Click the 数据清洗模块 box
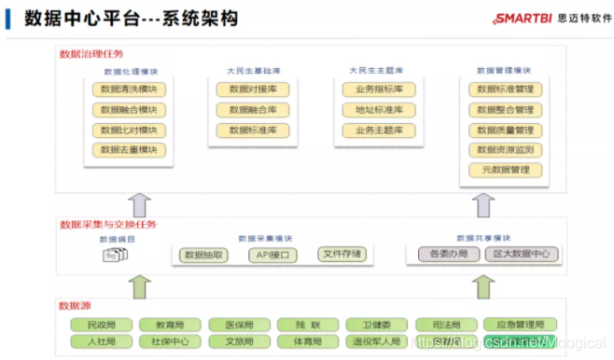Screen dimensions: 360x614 [129, 90]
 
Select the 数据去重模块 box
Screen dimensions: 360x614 [129, 150]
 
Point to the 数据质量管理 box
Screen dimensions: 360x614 [505, 131]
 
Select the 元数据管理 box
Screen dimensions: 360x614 [505, 171]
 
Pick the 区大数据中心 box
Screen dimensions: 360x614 [522, 254]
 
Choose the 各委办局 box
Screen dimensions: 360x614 [444, 254]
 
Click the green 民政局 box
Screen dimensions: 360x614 [101, 325]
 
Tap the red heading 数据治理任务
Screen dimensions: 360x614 [91, 54]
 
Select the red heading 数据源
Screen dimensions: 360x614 [75, 306]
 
